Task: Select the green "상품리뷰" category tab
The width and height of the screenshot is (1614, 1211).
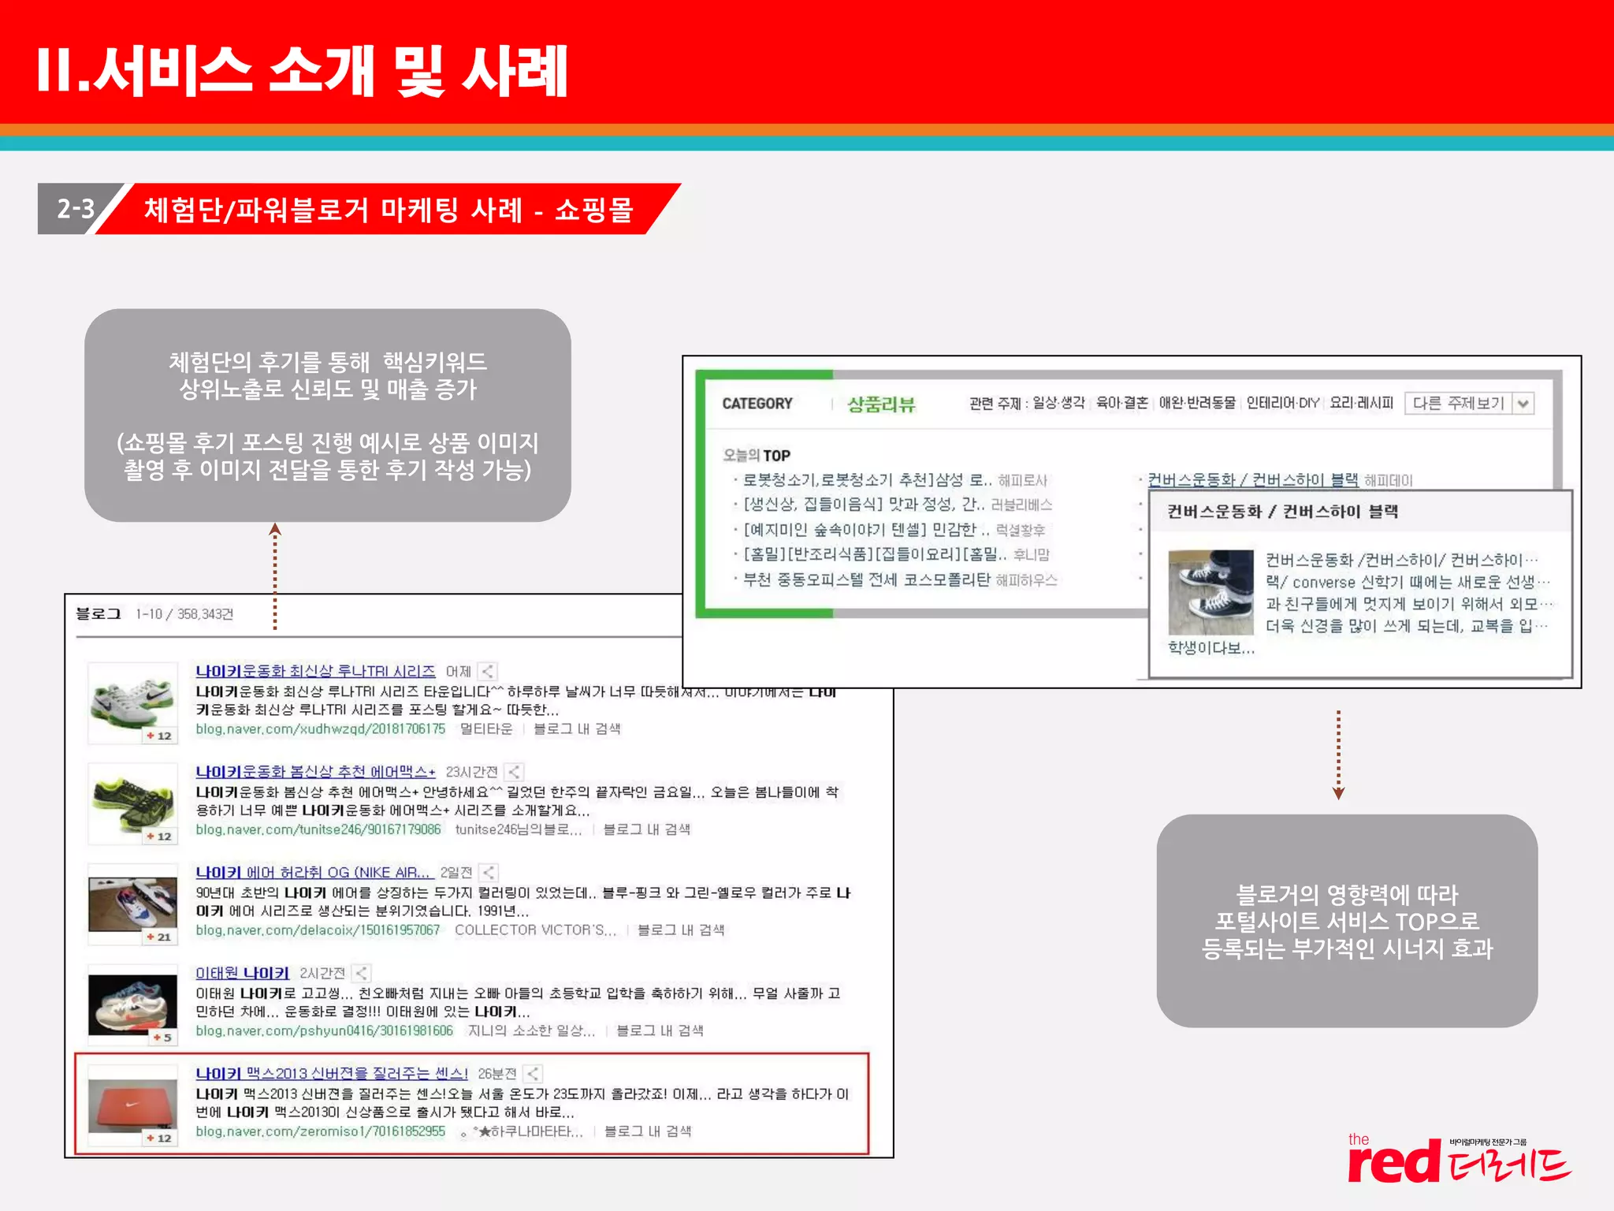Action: tap(881, 404)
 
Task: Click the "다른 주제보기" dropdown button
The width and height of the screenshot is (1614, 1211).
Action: tap(1468, 404)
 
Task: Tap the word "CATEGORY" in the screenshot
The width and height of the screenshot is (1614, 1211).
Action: tap(757, 404)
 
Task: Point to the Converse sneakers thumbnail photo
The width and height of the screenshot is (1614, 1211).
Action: tap(1210, 592)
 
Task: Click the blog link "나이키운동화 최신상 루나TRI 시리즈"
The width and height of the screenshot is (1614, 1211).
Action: tap(315, 671)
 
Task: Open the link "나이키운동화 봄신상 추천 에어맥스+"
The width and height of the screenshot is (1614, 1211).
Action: tap(315, 772)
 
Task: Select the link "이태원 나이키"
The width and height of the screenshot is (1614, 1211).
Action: tap(243, 973)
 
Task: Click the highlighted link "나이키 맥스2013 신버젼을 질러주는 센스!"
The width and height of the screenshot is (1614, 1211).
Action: tap(332, 1074)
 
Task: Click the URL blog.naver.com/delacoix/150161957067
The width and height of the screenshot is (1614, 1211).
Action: tap(318, 930)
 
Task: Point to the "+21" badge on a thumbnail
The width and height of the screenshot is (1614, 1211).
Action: tap(159, 937)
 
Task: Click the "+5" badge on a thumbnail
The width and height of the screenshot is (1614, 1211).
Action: tap(162, 1038)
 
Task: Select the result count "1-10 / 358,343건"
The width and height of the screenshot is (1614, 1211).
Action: tap(184, 614)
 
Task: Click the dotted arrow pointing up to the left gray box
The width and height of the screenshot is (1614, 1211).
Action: tap(275, 576)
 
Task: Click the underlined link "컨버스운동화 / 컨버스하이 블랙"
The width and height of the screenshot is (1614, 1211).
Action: tap(1252, 480)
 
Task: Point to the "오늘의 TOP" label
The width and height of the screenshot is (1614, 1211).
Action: tap(757, 455)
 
